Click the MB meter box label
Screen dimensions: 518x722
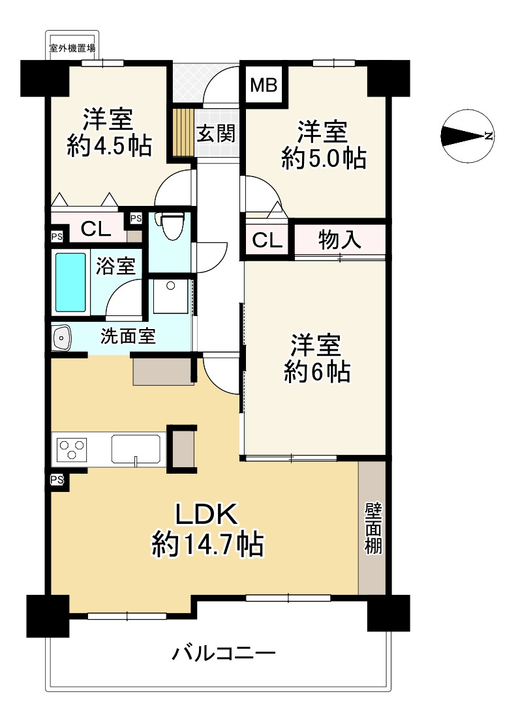[264, 85]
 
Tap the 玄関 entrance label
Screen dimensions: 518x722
[216, 134]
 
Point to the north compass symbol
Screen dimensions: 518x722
[467, 136]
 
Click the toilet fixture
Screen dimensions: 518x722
[172, 225]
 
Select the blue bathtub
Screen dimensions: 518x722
[70, 282]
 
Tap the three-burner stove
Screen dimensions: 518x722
[71, 449]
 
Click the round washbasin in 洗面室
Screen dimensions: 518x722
[61, 338]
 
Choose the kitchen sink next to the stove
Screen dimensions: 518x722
[136, 449]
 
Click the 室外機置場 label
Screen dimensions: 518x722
[72, 48]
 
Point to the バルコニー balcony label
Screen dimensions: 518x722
[224, 653]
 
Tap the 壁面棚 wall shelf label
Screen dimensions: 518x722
[373, 528]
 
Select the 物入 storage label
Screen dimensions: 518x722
[339, 239]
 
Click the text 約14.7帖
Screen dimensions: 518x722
[207, 544]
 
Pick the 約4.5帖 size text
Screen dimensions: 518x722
[109, 146]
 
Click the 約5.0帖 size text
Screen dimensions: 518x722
[324, 158]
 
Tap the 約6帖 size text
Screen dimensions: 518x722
[317, 371]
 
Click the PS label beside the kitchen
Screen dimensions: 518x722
[57, 480]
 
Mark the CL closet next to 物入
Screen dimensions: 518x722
[267, 239]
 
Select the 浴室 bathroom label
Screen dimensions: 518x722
[115, 266]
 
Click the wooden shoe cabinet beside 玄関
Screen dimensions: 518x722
[183, 133]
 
